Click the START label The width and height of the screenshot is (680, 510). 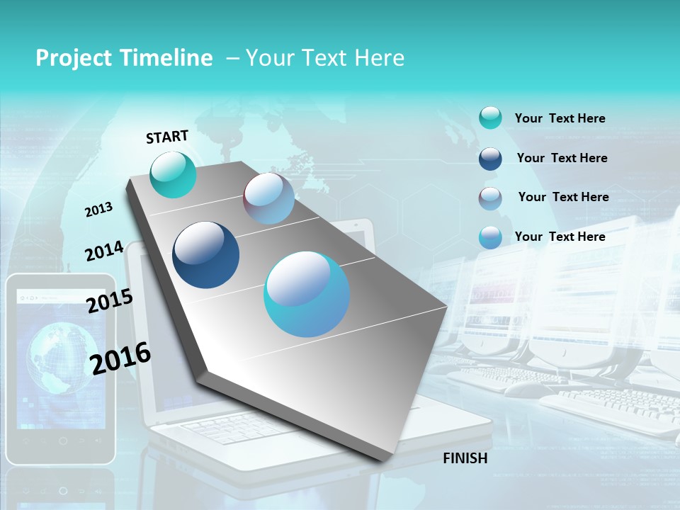coord(167,137)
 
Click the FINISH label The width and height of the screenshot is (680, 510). coord(465,458)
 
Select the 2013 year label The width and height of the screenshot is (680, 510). coord(98,210)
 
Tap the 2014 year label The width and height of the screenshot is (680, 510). coord(104,251)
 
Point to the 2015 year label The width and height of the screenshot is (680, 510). coord(109,301)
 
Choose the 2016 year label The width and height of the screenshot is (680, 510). coord(120,358)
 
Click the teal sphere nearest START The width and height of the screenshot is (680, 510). coord(174,174)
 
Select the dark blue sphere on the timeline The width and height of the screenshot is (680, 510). coord(205,255)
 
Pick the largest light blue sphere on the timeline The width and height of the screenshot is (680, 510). coord(307,294)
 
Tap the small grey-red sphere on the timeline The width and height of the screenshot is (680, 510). coord(268,198)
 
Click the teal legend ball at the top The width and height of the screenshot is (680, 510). coord(490,118)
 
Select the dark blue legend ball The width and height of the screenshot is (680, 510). coord(490,159)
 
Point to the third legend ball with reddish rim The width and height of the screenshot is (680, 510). coord(490,198)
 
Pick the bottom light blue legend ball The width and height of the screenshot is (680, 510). coord(490,237)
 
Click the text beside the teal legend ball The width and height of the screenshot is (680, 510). coord(560,118)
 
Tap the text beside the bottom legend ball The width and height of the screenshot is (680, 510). coord(560,237)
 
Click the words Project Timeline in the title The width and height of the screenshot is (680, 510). coord(124,58)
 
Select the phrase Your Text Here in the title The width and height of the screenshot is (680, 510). coord(325,58)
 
